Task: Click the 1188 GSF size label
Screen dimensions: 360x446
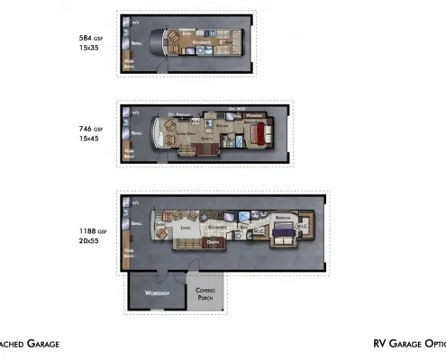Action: click(x=93, y=232)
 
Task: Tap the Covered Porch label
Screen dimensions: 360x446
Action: click(x=205, y=294)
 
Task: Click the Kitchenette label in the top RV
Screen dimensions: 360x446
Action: click(x=202, y=42)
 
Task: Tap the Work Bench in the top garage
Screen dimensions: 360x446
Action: click(x=129, y=64)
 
